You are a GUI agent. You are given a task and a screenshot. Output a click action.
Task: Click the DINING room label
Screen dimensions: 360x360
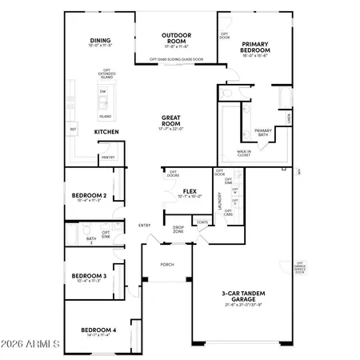pyautogui.click(x=100, y=41)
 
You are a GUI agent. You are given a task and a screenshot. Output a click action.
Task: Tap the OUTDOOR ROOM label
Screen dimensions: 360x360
pyautogui.click(x=174, y=35)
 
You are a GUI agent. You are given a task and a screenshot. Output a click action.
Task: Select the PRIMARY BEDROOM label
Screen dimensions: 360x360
pyautogui.click(x=255, y=46)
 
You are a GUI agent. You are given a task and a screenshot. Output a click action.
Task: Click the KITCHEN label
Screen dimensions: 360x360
pyautogui.click(x=106, y=131)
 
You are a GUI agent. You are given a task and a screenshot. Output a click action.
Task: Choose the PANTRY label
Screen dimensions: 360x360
pyautogui.click(x=108, y=158)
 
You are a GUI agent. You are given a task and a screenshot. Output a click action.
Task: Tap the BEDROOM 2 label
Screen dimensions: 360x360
pyautogui.click(x=89, y=195)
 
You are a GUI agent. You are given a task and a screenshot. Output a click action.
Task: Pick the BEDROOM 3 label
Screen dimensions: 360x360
pyautogui.click(x=89, y=276)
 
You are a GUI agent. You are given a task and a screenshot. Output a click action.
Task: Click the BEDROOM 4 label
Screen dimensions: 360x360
pyautogui.click(x=98, y=330)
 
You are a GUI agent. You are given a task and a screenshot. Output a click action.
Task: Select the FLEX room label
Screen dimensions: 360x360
pyautogui.click(x=190, y=191)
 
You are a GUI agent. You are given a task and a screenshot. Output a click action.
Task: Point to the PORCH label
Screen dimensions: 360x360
pyautogui.click(x=167, y=264)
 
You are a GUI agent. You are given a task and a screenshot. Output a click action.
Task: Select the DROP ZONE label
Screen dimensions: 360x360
pyautogui.click(x=178, y=229)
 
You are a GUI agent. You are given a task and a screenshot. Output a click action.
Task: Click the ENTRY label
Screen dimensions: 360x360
pyautogui.click(x=144, y=225)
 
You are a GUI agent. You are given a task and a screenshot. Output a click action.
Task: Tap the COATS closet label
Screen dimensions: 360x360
pyautogui.click(x=202, y=222)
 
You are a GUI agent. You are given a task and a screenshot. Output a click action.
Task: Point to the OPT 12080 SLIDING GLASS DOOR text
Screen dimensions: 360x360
pyautogui.click(x=176, y=59)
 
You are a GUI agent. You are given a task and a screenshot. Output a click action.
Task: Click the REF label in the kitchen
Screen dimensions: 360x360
pyautogui.click(x=73, y=129)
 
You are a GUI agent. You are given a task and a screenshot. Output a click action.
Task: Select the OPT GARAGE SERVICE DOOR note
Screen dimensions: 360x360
pyautogui.click(x=300, y=268)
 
